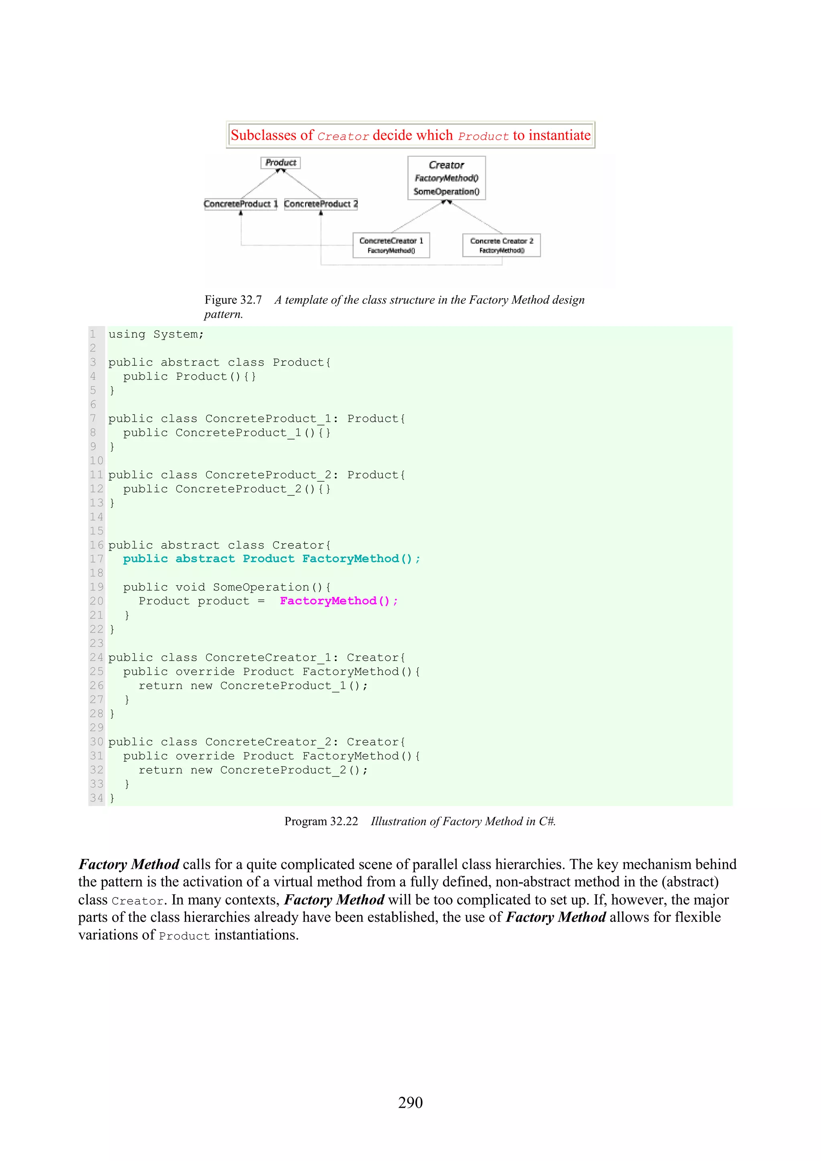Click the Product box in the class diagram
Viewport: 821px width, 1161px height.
[x=281, y=163]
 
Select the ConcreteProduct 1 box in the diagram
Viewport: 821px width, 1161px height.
[x=241, y=204]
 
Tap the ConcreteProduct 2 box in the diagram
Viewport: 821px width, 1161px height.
[x=321, y=204]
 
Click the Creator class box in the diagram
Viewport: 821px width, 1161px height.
[x=447, y=177]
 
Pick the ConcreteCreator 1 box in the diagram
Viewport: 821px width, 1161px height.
[x=391, y=245]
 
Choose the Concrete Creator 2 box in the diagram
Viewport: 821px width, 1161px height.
[x=501, y=245]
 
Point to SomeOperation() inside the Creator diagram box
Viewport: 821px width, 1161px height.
[x=446, y=191]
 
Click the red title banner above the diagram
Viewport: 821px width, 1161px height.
[x=410, y=135]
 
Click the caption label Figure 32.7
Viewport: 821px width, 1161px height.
[x=233, y=300]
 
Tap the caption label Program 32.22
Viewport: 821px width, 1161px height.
[x=321, y=821]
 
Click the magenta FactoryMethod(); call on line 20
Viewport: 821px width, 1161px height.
[x=338, y=601]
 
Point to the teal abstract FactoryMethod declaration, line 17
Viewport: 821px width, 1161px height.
[x=271, y=559]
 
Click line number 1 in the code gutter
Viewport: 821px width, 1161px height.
[x=93, y=334]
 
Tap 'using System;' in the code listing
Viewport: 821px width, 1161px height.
[x=156, y=334]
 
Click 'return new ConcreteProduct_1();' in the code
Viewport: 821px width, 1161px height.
[x=253, y=686]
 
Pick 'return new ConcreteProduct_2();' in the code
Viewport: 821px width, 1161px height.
[x=253, y=770]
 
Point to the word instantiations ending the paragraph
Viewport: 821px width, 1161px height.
[x=256, y=935]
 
